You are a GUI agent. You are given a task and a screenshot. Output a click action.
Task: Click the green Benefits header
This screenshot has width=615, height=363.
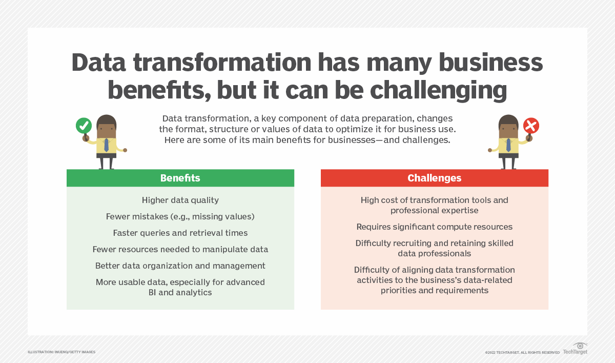(180, 178)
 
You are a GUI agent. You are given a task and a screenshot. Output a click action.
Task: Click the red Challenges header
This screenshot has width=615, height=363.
(434, 178)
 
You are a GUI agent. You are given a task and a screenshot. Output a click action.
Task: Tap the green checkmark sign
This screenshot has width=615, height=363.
(84, 125)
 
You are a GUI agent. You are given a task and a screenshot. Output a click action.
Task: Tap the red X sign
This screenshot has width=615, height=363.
(531, 125)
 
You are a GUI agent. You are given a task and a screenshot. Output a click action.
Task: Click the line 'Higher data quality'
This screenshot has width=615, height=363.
(180, 200)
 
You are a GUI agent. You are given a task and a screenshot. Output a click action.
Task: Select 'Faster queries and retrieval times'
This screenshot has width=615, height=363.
(180, 233)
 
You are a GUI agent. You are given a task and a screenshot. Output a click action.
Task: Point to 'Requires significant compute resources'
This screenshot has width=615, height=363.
(434, 227)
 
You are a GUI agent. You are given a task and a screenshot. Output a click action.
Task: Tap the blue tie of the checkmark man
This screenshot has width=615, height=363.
(106, 145)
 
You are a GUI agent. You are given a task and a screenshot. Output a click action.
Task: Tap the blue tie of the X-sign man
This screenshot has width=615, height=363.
(508, 145)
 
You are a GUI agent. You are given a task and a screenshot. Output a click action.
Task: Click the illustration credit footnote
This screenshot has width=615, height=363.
(61, 352)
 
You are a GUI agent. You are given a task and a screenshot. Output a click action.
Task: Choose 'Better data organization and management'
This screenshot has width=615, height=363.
(180, 266)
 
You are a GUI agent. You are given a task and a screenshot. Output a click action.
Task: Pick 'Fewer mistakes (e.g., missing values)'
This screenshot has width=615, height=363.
(180, 216)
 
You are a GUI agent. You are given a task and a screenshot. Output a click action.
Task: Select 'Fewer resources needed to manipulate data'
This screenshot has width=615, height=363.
(180, 249)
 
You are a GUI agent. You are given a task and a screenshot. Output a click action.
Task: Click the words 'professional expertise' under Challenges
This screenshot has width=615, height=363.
(434, 210)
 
